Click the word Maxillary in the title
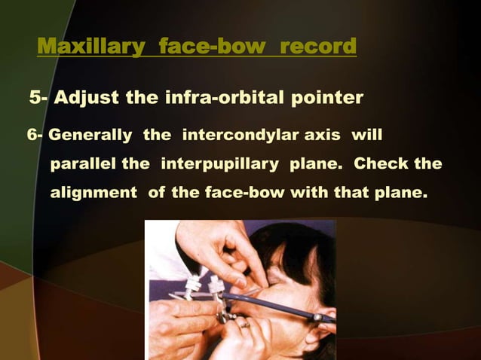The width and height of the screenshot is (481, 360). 88,47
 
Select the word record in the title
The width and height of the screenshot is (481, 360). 317,47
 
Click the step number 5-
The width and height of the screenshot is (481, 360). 39,98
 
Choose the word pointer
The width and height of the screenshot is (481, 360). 331,98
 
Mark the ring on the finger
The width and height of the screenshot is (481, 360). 243,325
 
